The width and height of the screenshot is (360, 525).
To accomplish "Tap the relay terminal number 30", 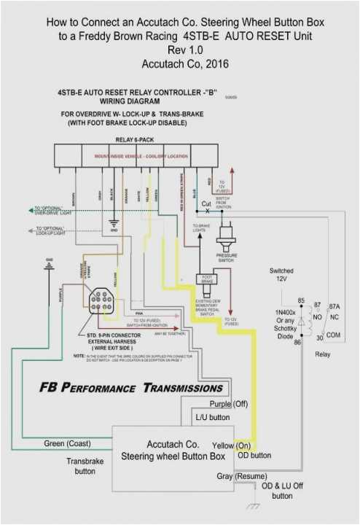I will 300,337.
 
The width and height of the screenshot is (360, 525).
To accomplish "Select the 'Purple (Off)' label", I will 230,403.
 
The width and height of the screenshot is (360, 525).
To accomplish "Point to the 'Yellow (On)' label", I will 232,445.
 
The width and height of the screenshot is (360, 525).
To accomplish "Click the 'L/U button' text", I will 213,418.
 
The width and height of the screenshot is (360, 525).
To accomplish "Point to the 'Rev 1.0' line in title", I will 179,50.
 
